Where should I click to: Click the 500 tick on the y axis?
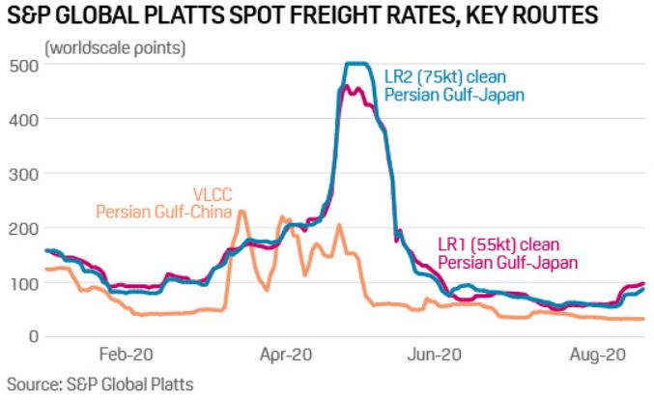22,66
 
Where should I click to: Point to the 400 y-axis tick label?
22,120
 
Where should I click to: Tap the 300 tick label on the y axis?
22,174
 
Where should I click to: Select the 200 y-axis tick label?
22,228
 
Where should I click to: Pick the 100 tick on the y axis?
22,282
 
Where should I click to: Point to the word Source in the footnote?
31,385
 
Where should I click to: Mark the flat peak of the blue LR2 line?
358,64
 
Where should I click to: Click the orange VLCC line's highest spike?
242,211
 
